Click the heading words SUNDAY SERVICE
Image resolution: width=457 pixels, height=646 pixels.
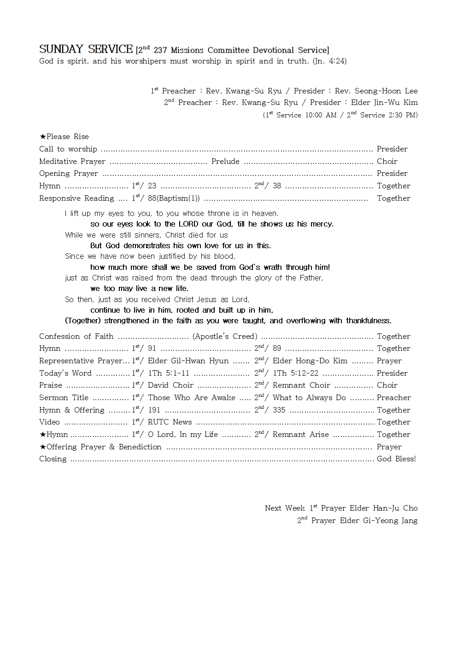tap(86, 49)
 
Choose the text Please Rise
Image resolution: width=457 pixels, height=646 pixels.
tap(67, 137)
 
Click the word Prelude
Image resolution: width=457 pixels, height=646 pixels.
tap(225, 162)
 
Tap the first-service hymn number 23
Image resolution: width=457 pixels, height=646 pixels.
tap(152, 186)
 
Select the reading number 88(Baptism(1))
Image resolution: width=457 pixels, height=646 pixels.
tap(174, 198)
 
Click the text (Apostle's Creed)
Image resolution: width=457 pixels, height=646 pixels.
tap(225, 337)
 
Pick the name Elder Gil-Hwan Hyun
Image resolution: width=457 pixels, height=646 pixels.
tap(188, 361)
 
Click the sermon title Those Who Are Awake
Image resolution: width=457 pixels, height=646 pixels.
tap(191, 398)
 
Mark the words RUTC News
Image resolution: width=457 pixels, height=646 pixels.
tap(170, 422)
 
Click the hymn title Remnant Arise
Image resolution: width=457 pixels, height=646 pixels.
tap(300, 435)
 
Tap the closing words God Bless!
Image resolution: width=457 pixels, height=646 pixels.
tap(396, 459)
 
